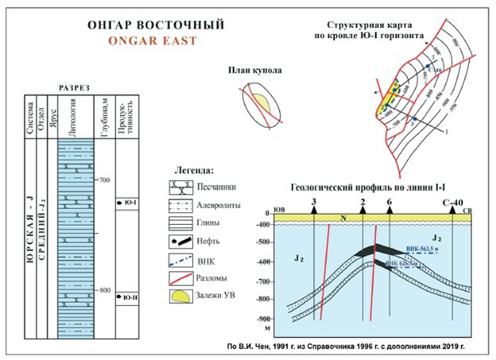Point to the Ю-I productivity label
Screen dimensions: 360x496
[x=131, y=203]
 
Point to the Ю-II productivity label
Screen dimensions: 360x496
[x=131, y=298]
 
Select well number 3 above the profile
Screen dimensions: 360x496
[x=315, y=203]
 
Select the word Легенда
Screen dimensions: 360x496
[x=193, y=169]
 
